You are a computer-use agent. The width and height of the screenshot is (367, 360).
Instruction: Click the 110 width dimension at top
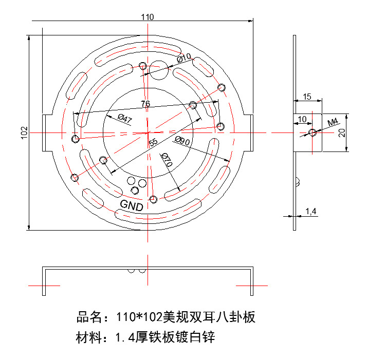coord(148,17)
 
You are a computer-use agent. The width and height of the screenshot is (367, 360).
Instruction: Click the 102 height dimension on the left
coord(24,132)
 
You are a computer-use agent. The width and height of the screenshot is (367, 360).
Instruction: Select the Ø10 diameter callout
coord(183,58)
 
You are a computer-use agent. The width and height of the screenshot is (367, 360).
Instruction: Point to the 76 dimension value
coord(145,104)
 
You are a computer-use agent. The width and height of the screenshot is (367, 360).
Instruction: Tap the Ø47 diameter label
coord(125,119)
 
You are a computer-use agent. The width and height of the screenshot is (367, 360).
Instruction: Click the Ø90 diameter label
coord(182,141)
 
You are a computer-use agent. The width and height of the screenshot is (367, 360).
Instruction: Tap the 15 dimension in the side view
coord(307,97)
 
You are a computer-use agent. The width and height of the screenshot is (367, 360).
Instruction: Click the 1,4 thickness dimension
coord(310,211)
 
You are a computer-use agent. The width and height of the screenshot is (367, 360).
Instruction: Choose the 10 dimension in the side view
coord(302,119)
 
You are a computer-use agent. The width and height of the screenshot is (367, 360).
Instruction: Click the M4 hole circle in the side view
coord(313,133)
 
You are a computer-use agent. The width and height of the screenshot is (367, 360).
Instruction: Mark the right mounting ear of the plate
coord(251,133)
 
